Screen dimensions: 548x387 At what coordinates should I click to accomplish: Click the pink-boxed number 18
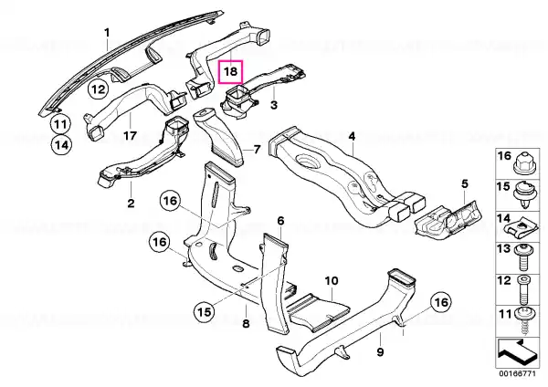(x=230, y=71)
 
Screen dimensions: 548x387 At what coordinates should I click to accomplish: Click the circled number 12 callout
(x=99, y=89)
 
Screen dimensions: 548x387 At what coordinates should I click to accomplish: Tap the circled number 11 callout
(x=60, y=124)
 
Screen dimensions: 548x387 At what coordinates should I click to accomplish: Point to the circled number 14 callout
(x=61, y=144)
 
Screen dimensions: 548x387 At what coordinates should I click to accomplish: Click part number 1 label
(x=107, y=33)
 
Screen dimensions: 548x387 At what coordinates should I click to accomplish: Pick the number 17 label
(x=130, y=135)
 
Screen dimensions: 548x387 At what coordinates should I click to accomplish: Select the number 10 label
(x=332, y=280)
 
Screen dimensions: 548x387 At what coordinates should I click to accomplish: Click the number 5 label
(x=465, y=183)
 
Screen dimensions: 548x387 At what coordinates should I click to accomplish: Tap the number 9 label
(x=380, y=351)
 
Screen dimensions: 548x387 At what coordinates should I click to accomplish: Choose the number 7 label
(x=257, y=150)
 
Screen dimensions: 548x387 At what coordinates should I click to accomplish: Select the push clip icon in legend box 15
(x=525, y=195)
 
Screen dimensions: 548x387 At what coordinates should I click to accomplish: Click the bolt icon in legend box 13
(x=524, y=257)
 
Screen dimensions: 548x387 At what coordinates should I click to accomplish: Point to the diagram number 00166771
(x=517, y=373)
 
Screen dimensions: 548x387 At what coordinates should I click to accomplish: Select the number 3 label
(x=274, y=105)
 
